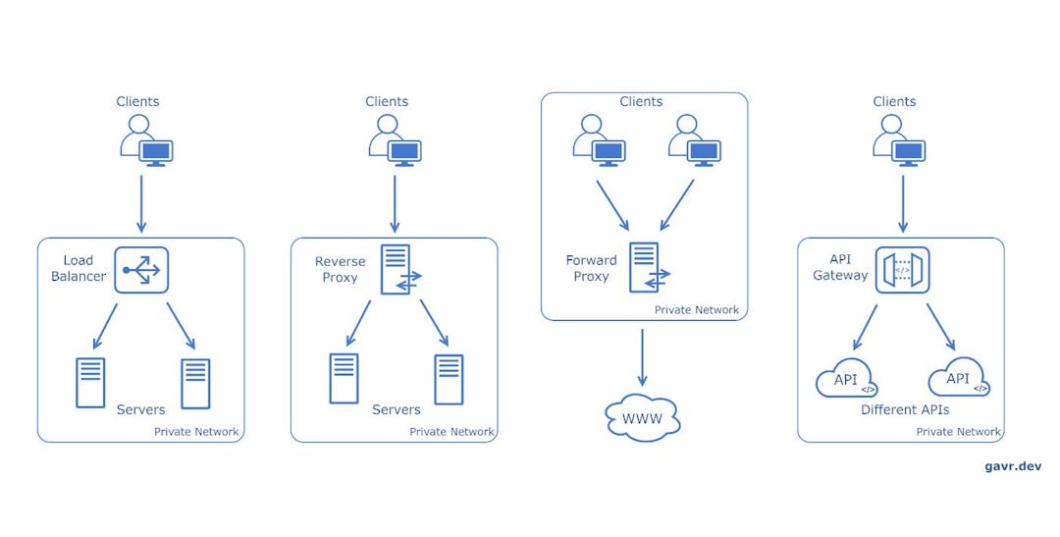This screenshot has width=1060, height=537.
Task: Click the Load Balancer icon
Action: tap(141, 270)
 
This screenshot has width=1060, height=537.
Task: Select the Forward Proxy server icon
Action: tap(647, 267)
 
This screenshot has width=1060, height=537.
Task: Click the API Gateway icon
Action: tap(902, 270)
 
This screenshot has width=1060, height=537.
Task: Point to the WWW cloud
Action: tap(643, 420)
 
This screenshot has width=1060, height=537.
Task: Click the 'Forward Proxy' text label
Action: tap(591, 268)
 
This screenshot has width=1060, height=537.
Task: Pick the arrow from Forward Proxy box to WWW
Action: tap(643, 357)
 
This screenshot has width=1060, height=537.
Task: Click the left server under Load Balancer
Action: tap(90, 382)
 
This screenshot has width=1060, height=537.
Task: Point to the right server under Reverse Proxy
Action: tap(449, 379)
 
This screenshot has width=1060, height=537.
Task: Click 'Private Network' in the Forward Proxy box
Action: tap(696, 310)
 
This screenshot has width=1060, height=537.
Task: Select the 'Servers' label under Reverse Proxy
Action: tap(396, 409)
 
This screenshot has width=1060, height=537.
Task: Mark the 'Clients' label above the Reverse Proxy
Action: tap(387, 101)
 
